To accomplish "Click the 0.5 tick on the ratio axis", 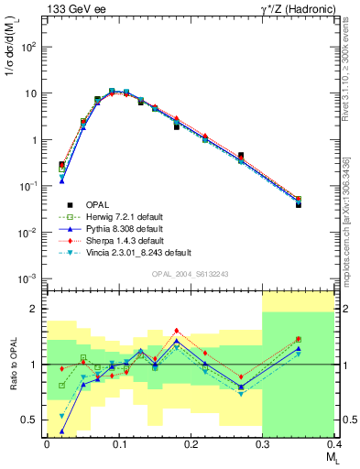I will click(x=34, y=420).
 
